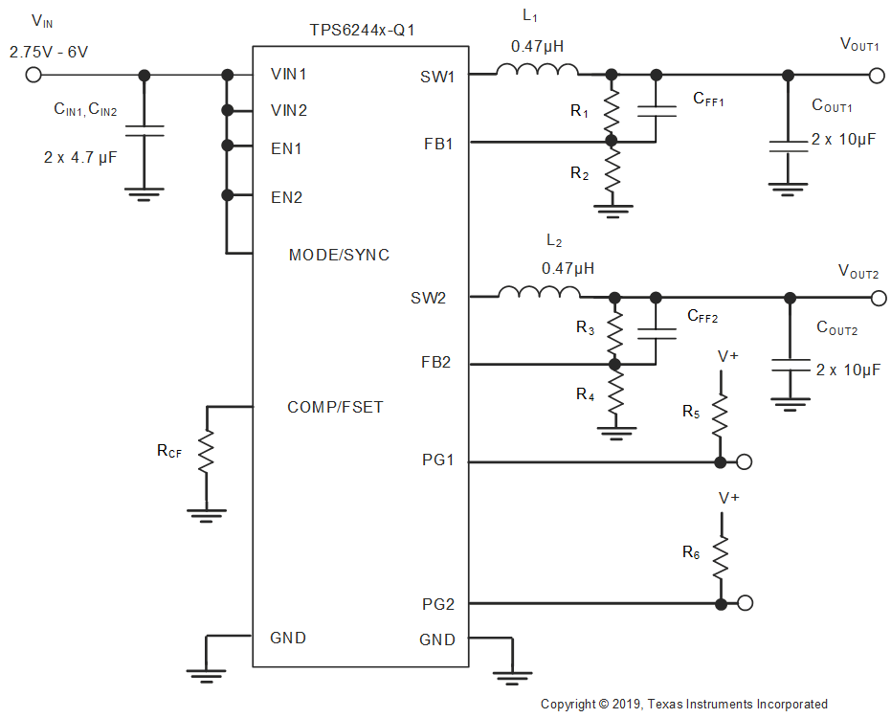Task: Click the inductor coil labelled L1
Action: (x=537, y=69)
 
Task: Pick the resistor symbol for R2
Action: (x=612, y=172)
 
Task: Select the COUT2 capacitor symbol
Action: (x=790, y=365)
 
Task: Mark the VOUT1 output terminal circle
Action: (x=874, y=75)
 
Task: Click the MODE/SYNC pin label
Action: (x=339, y=255)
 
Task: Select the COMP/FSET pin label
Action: (x=335, y=407)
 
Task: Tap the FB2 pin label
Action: (x=437, y=364)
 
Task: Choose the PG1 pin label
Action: (x=437, y=461)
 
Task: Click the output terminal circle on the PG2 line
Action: (x=745, y=603)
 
